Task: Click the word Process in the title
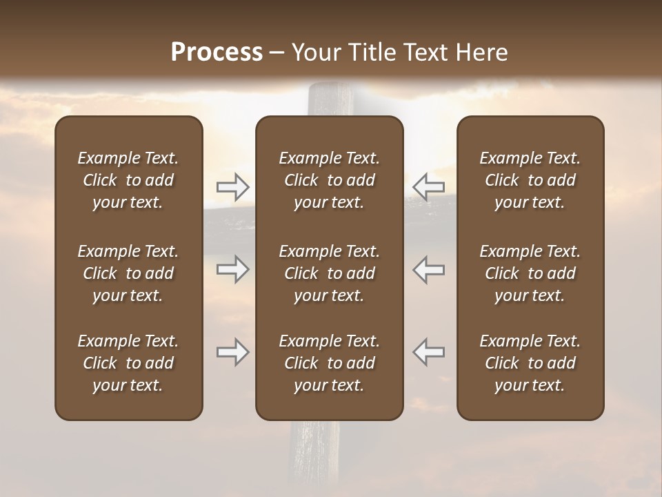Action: (x=217, y=52)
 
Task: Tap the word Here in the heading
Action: (x=482, y=52)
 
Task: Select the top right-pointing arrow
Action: (x=232, y=187)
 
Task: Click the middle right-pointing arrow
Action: (x=232, y=269)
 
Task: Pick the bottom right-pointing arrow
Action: (x=232, y=352)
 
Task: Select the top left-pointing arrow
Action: (x=429, y=187)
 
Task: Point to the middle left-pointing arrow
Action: (x=429, y=269)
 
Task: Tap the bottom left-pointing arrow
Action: (x=429, y=352)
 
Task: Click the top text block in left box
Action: (x=128, y=180)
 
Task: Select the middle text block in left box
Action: (x=128, y=273)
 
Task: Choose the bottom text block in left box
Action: (x=128, y=363)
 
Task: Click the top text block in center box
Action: (x=329, y=180)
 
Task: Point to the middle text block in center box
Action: (x=329, y=273)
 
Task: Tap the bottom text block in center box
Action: (x=329, y=363)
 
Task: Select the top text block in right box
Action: (x=530, y=180)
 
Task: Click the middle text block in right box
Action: (x=530, y=273)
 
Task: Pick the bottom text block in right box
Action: (x=530, y=363)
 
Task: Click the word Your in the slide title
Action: (x=314, y=52)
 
